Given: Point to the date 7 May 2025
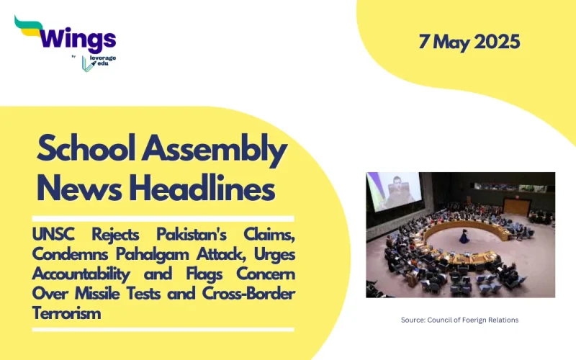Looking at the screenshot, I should (469, 42).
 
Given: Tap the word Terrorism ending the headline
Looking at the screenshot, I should (67, 313).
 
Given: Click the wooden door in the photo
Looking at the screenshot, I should (518, 206).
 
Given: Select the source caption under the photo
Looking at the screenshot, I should (459, 320).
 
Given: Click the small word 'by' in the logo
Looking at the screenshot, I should (74, 56).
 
